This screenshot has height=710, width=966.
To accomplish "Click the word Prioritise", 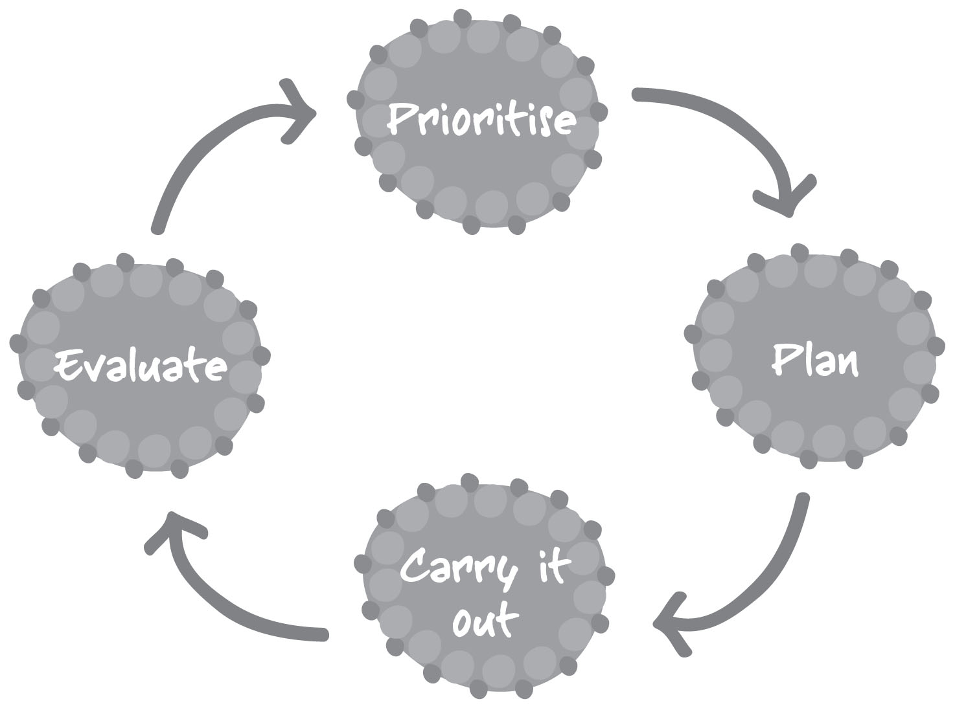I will coord(481,119).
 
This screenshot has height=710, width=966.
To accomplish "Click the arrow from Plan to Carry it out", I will coord(771,570).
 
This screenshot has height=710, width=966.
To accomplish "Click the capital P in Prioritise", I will coord(402,118).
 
